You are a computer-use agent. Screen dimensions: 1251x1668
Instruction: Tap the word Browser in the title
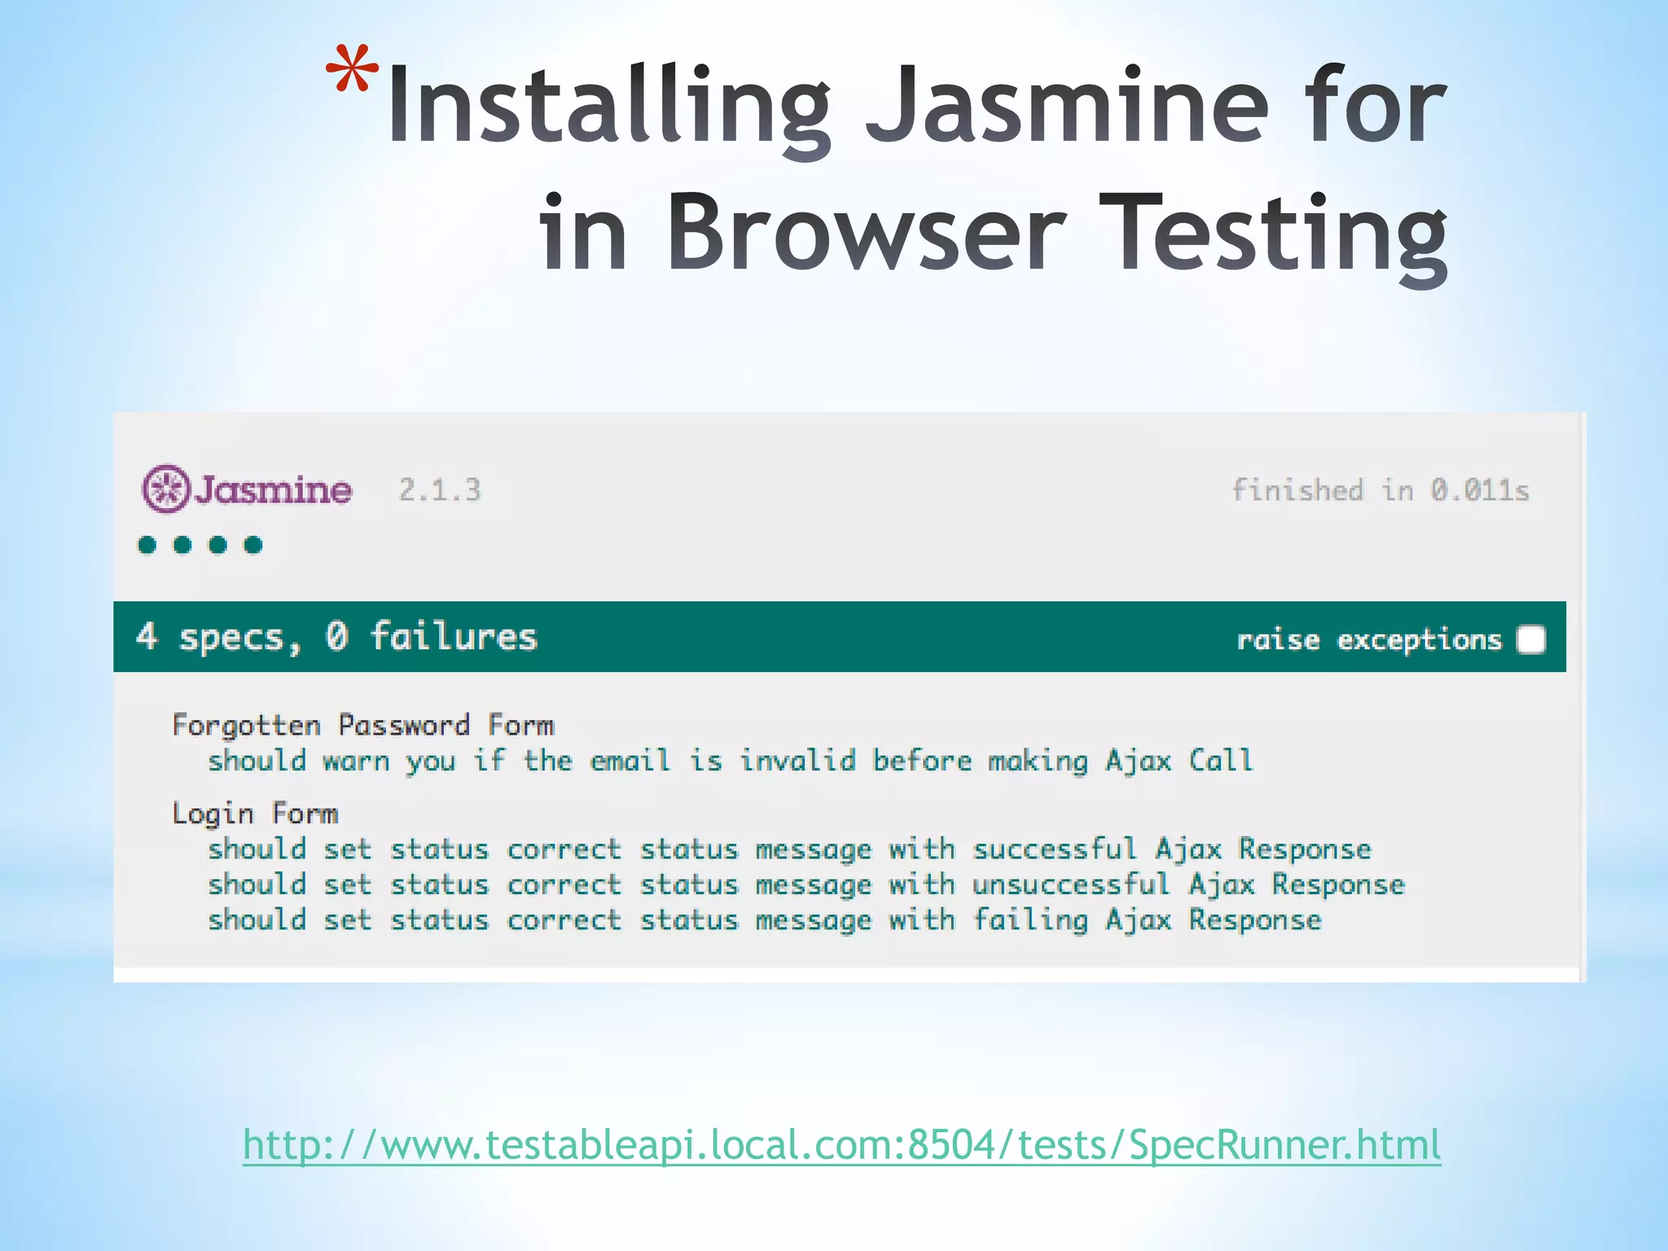coord(867,232)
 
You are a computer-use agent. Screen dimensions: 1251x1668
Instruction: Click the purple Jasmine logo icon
coord(166,489)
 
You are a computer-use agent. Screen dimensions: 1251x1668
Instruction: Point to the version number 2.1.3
coord(440,490)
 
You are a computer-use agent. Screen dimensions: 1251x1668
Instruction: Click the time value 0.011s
coord(1480,490)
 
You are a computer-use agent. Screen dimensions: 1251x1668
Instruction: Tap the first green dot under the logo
coord(147,545)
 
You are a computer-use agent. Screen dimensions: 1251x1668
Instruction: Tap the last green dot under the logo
coord(253,545)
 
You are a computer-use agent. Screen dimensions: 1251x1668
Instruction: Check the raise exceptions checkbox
coord(1531,639)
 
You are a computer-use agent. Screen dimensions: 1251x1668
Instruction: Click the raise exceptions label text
coord(1368,640)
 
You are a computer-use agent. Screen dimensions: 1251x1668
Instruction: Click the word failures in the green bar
coord(454,637)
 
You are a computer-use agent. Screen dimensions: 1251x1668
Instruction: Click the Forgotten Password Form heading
coord(362,725)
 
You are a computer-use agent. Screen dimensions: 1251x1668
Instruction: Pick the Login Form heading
coord(255,813)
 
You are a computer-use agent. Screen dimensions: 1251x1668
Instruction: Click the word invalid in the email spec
coord(797,761)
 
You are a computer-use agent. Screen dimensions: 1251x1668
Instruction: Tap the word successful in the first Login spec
coord(1054,849)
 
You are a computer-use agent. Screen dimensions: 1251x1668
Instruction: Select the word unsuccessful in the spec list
coord(1070,884)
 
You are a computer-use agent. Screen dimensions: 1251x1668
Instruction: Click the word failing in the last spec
coord(1030,920)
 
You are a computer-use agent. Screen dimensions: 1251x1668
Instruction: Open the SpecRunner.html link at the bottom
coord(842,1144)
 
